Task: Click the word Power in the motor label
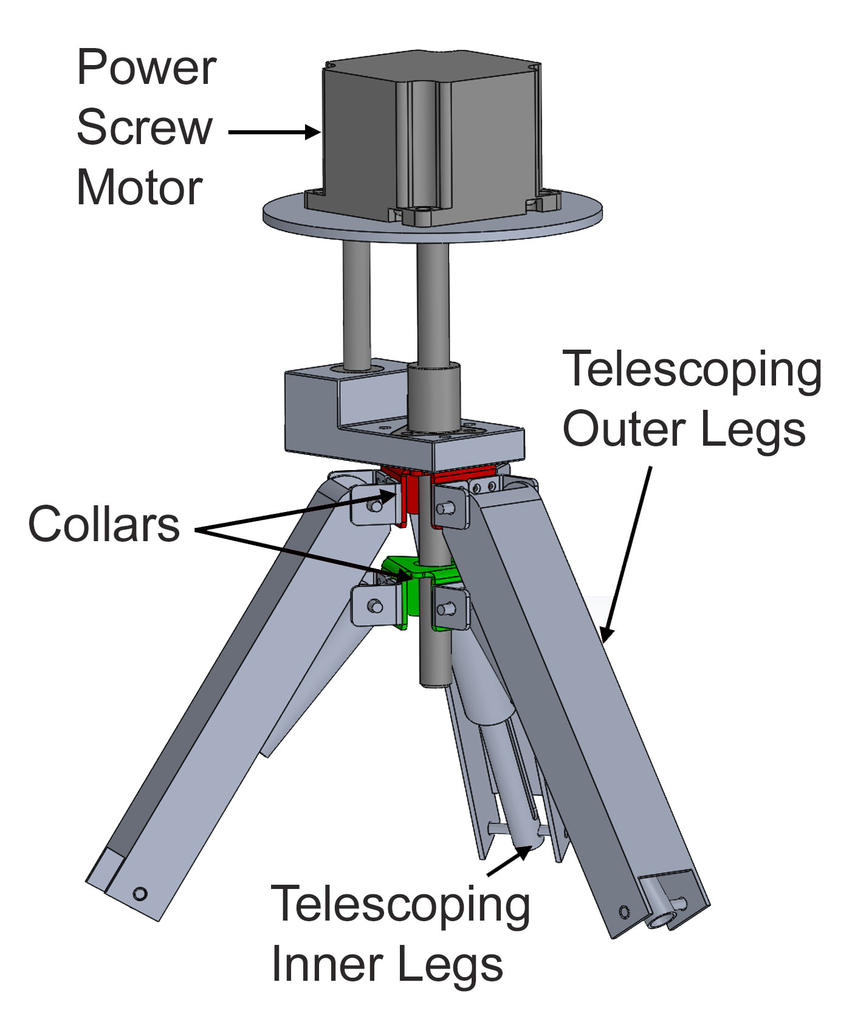coord(146,68)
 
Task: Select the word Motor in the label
coord(139,187)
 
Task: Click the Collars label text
coord(104,524)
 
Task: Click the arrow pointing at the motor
coord(273,132)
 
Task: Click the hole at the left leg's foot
coord(140,893)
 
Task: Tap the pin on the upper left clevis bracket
coord(376,505)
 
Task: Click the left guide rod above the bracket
coord(356,304)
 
